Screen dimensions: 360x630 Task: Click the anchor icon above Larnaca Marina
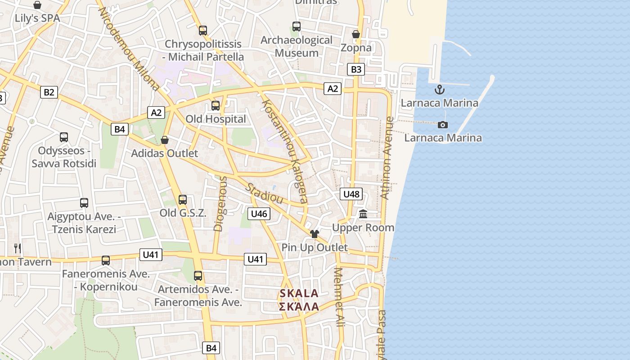(x=439, y=90)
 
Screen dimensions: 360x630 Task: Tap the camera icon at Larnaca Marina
(x=443, y=125)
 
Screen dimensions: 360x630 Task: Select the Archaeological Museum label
(x=297, y=46)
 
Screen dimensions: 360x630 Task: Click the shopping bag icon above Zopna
(x=356, y=34)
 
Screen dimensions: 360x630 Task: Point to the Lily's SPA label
(x=37, y=18)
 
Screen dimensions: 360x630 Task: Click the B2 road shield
(x=49, y=92)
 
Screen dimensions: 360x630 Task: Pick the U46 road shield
(x=259, y=213)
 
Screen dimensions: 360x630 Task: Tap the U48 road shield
(x=351, y=194)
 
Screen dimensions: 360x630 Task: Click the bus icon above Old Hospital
(x=216, y=106)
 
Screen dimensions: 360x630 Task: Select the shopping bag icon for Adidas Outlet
(x=165, y=140)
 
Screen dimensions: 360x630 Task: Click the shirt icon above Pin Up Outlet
(x=314, y=234)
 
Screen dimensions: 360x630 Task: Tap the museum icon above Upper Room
(x=363, y=214)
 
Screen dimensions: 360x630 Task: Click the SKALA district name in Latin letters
(x=299, y=293)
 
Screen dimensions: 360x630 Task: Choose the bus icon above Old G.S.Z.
(x=183, y=200)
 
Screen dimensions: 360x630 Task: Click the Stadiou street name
(x=265, y=193)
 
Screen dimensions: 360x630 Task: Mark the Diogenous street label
(x=220, y=203)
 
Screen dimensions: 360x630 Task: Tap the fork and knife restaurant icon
(x=18, y=248)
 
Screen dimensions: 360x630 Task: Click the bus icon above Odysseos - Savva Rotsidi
(x=64, y=137)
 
